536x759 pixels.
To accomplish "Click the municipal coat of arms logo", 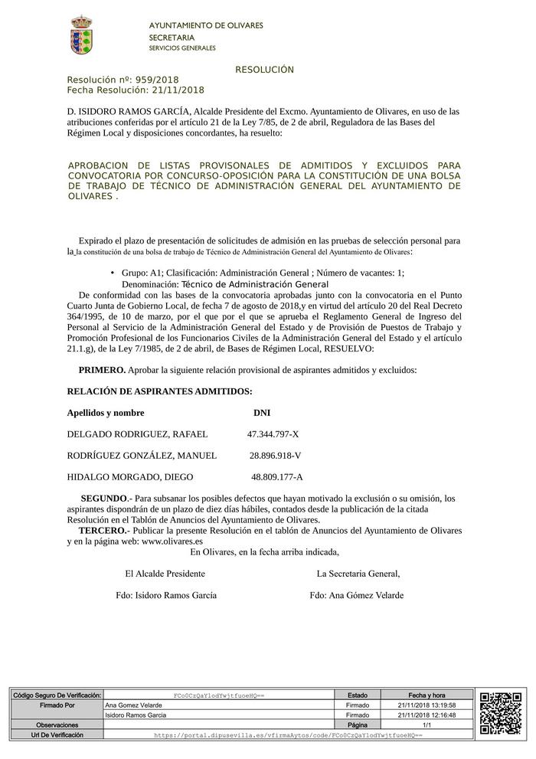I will click(82, 34).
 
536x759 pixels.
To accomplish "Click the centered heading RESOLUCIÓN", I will click(264, 70).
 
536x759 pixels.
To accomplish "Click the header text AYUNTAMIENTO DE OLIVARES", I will click(205, 26).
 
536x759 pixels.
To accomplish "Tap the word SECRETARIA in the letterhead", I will click(172, 38).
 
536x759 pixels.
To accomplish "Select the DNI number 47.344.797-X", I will click(273, 434).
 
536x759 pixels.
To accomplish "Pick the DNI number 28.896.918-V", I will click(275, 456).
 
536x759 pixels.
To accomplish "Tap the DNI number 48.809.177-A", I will click(276, 477).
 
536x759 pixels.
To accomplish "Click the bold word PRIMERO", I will click(102, 370).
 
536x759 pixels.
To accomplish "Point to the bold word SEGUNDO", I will click(103, 499).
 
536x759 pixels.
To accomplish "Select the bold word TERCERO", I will click(102, 531).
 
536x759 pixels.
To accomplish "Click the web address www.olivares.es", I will click(172, 541).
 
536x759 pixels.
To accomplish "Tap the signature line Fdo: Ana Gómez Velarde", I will click(356, 595).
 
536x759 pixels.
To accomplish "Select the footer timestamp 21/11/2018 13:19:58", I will click(427, 705).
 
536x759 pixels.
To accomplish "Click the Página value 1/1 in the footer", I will click(427, 725).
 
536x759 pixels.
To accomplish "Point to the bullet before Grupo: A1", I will click(113, 273).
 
